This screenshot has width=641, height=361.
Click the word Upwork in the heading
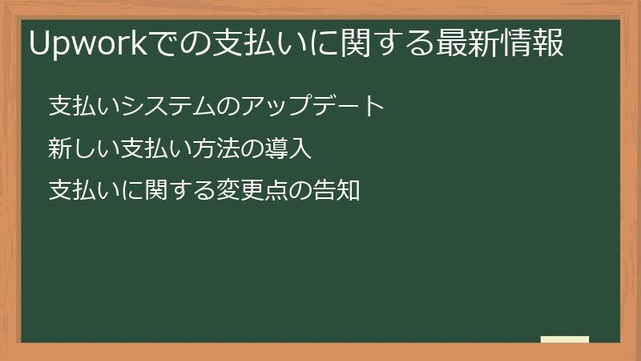tap(84, 44)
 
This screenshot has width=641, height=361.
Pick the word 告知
tap(335, 191)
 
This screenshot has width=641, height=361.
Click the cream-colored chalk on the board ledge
tap(565, 339)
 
